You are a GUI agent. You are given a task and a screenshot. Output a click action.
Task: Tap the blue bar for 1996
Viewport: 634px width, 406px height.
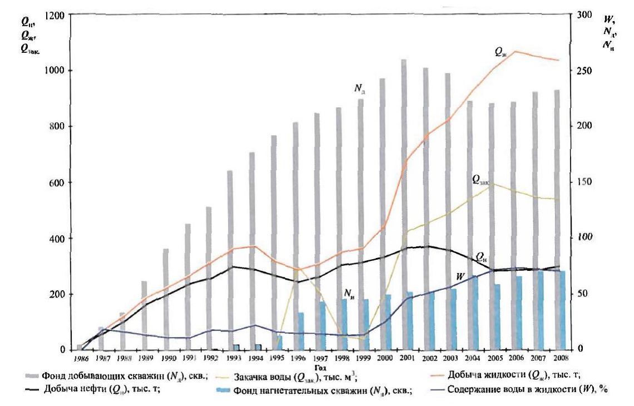coord(301,331)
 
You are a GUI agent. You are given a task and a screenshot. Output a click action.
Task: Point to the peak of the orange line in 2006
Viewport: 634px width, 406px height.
coord(515,51)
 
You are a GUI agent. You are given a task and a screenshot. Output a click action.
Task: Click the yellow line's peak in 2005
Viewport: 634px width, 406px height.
coord(492,183)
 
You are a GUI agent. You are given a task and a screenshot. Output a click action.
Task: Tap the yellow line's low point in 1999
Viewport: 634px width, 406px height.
coord(363,339)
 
